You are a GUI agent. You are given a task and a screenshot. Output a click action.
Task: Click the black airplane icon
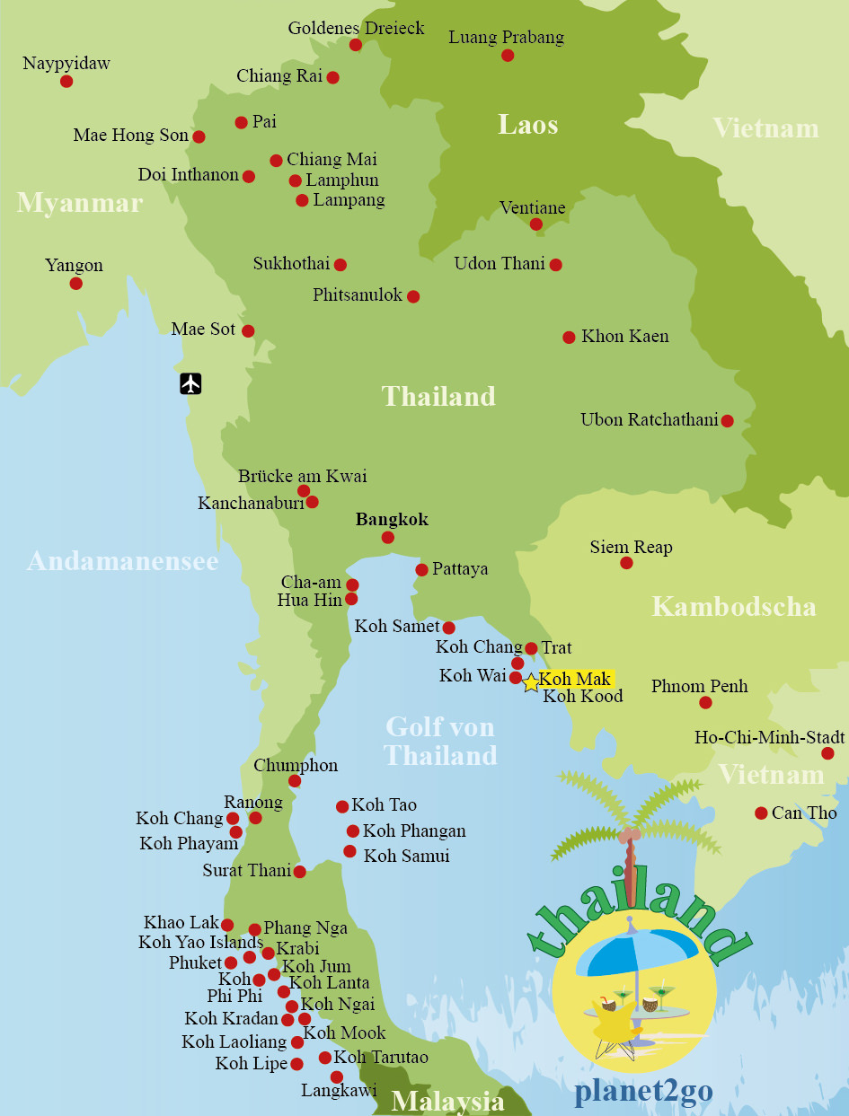coord(190,383)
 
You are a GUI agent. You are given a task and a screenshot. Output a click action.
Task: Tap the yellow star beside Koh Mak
coord(530,683)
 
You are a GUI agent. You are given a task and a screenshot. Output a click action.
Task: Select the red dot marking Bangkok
coord(387,538)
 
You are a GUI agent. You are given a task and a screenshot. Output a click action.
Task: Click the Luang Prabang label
coord(506,38)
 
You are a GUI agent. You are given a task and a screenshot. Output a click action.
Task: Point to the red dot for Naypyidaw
coord(66,82)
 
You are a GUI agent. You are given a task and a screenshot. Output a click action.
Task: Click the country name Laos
coord(527,125)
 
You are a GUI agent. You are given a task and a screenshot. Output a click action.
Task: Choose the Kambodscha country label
coord(733,606)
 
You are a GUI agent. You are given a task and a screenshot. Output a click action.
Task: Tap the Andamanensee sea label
coord(122,561)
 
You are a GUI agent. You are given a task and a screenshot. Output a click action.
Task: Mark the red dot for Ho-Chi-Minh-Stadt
coord(827,753)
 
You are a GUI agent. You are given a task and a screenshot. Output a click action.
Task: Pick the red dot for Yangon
coord(76,284)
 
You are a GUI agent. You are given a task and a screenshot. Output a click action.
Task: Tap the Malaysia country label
coord(447,1101)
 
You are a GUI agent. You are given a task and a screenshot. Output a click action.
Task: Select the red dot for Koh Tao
coord(342,807)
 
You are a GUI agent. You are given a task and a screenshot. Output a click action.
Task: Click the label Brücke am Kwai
coord(302,476)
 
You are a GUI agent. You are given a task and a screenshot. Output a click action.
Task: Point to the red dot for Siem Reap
coord(626,563)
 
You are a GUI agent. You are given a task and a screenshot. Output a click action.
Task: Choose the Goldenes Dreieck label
coord(356,28)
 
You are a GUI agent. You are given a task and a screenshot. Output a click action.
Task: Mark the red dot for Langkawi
coord(337,1076)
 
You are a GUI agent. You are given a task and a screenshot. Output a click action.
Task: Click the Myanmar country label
coord(79,203)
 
